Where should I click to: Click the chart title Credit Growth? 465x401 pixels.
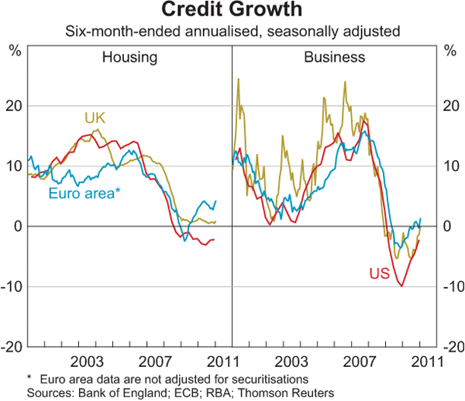point(232,11)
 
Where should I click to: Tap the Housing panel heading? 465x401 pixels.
point(130,57)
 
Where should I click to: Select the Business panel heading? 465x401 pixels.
point(334,57)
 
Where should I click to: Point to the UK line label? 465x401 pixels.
point(95,118)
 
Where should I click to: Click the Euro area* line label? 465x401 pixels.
point(84,194)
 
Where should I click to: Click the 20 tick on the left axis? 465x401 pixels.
point(14,105)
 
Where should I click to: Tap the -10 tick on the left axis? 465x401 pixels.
point(12,286)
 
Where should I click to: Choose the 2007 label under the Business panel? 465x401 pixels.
point(360,362)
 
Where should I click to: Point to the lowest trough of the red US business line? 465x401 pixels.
point(401,286)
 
